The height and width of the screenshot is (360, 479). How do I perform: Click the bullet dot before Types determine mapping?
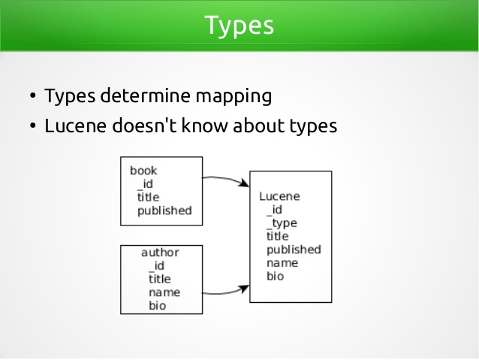[x=33, y=95]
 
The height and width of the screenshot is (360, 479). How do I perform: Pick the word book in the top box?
[x=143, y=171]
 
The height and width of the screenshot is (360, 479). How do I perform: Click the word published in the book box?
[x=164, y=211]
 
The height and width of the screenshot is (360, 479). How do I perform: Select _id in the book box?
[x=145, y=184]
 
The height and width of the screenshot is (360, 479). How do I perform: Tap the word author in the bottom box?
[x=160, y=253]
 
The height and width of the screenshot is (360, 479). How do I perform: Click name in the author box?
[x=164, y=292]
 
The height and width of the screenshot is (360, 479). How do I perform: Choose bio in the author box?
[x=158, y=306]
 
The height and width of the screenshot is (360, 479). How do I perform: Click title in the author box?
[x=160, y=279]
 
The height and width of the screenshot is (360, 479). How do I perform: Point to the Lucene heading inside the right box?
[x=279, y=196]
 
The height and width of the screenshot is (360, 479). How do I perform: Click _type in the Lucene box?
[x=282, y=223]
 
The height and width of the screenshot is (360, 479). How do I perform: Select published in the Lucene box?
[x=294, y=250]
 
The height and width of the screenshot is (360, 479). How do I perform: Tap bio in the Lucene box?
[x=276, y=276]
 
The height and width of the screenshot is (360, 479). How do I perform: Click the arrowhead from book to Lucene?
[x=245, y=183]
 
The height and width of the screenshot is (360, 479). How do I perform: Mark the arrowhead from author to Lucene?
[x=245, y=289]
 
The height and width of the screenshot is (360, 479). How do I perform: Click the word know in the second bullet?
[x=204, y=126]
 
